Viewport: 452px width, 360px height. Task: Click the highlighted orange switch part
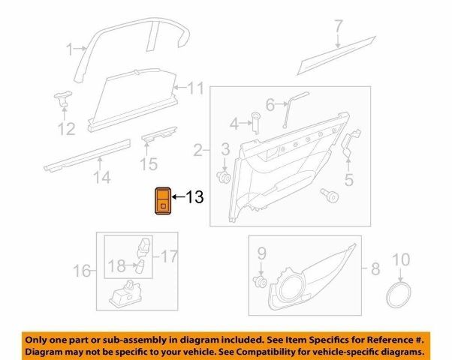pos(162,199)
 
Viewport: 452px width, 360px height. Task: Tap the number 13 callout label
pos(194,198)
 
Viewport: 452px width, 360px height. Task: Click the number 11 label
pos(195,89)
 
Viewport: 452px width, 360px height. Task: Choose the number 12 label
pos(67,130)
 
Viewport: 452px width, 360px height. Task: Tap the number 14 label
pos(101,178)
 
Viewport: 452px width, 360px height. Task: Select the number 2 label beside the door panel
pos(197,151)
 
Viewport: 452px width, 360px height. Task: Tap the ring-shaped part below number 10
pos(399,295)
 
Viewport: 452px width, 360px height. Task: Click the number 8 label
pos(373,268)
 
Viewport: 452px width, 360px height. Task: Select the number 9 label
pos(262,252)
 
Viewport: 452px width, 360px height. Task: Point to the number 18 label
pos(116,266)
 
